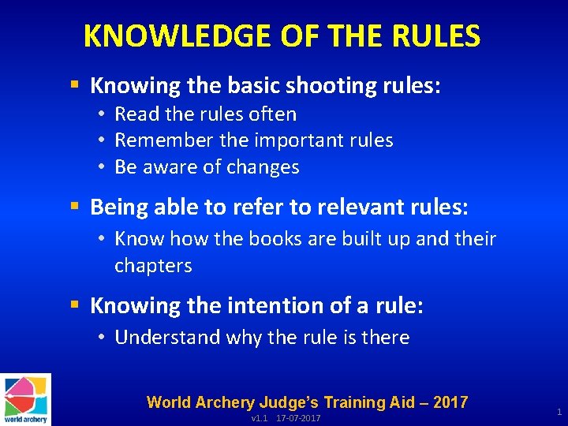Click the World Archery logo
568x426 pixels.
click(x=26, y=399)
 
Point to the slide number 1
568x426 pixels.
click(x=559, y=412)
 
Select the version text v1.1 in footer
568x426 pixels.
click(x=259, y=418)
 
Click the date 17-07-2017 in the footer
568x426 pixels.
click(x=298, y=418)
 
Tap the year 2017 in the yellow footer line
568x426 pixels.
click(x=450, y=402)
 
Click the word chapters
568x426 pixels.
click(x=153, y=266)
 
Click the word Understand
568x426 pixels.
click(x=167, y=338)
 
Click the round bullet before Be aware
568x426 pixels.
click(x=103, y=167)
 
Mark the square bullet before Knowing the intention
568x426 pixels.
click(x=74, y=305)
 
